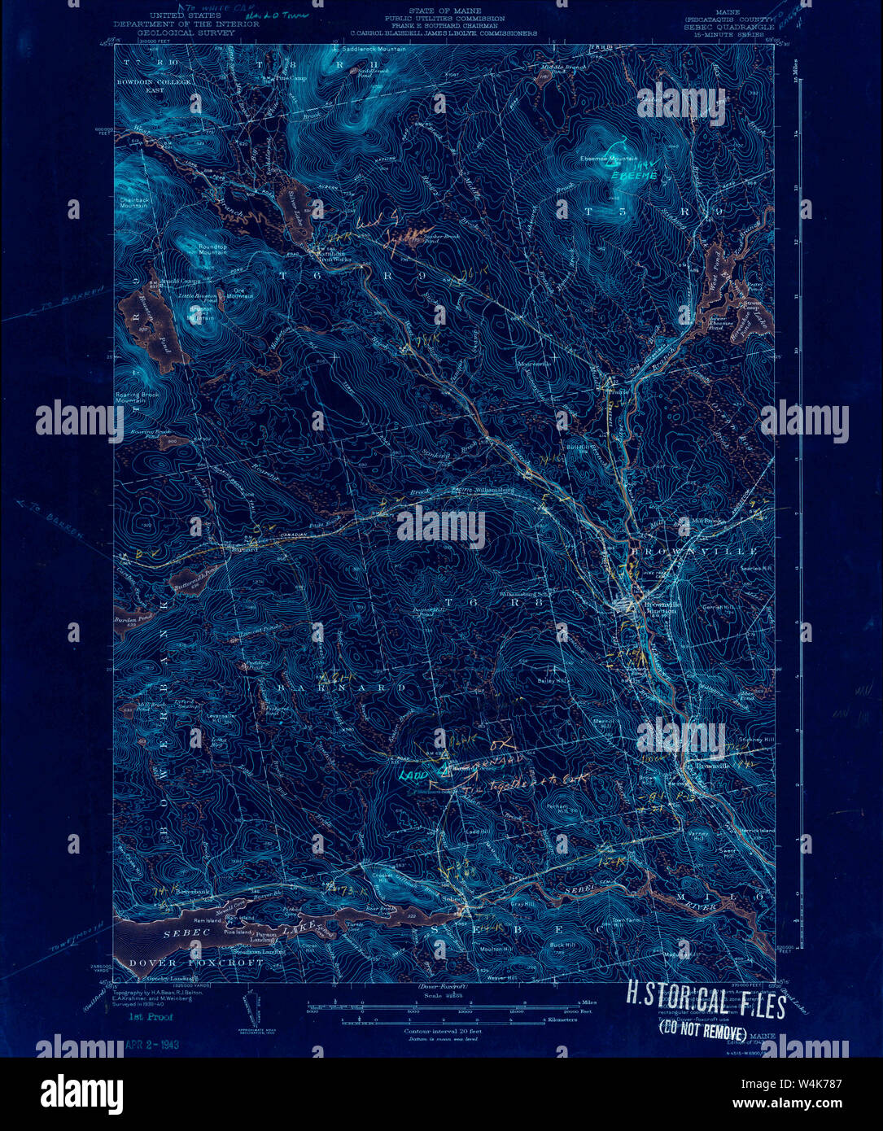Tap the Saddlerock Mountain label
click(369, 50)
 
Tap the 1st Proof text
click(151, 1018)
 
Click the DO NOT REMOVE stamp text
click(702, 1034)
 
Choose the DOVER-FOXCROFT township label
click(196, 962)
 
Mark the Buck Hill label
click(562, 945)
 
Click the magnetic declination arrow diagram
click(252, 1007)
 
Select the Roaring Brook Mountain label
click(136, 398)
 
